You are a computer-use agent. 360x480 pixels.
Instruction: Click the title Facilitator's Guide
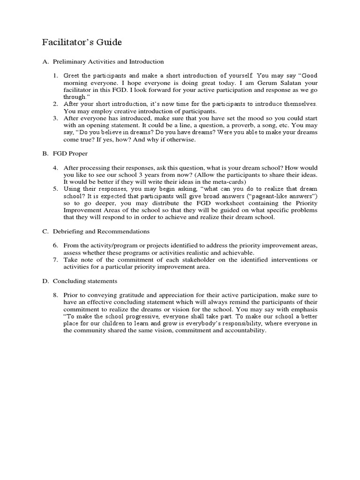click(x=82, y=43)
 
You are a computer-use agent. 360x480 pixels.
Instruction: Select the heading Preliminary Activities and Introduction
click(x=108, y=61)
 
